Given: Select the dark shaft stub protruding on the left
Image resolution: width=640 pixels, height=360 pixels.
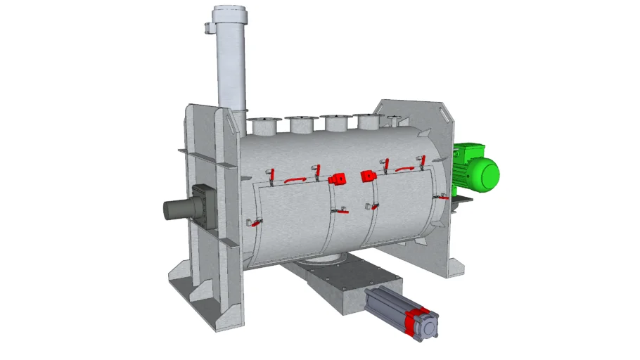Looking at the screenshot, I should (176, 209).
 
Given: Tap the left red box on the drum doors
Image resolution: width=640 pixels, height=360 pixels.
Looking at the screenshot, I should (338, 179).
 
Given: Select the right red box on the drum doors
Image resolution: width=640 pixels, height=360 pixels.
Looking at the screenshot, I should (367, 176).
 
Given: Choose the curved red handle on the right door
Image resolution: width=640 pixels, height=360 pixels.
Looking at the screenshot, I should (404, 169).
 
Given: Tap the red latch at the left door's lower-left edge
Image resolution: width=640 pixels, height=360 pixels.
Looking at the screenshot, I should (255, 224).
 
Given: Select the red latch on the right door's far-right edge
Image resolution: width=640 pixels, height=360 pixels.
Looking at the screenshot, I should (441, 198).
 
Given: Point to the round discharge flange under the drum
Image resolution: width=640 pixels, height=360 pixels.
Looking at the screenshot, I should (320, 261).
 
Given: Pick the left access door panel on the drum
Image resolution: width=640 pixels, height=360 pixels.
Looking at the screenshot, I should (292, 218).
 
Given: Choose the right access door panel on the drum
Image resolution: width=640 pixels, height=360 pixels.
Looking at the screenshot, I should (401, 207).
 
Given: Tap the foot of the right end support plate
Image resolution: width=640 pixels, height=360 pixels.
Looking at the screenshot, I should (454, 267).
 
